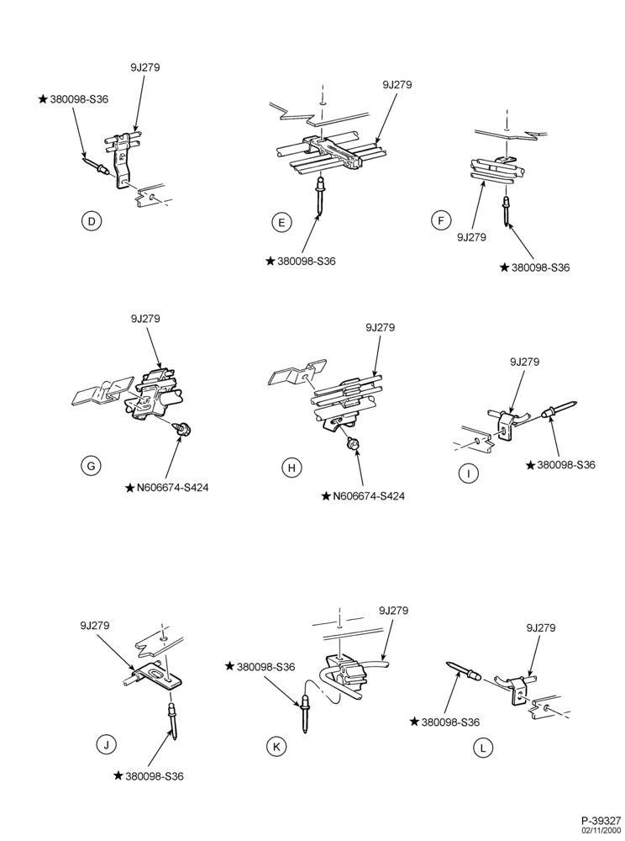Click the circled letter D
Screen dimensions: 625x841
(x=92, y=221)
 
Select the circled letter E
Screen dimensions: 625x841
(x=282, y=223)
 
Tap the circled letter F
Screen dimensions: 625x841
(x=441, y=221)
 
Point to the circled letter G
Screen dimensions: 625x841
(x=91, y=466)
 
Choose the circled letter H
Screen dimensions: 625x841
(x=291, y=468)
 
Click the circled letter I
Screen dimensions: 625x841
(x=469, y=473)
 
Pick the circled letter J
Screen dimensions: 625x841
(x=106, y=744)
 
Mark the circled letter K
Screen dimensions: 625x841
(x=276, y=746)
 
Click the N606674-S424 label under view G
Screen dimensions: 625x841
(x=172, y=488)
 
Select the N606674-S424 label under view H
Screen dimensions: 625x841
(x=369, y=496)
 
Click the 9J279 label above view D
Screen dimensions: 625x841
(x=144, y=67)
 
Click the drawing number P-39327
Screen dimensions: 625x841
(x=601, y=821)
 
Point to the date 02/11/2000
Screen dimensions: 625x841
(x=603, y=830)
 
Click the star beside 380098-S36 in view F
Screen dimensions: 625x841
(x=504, y=267)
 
